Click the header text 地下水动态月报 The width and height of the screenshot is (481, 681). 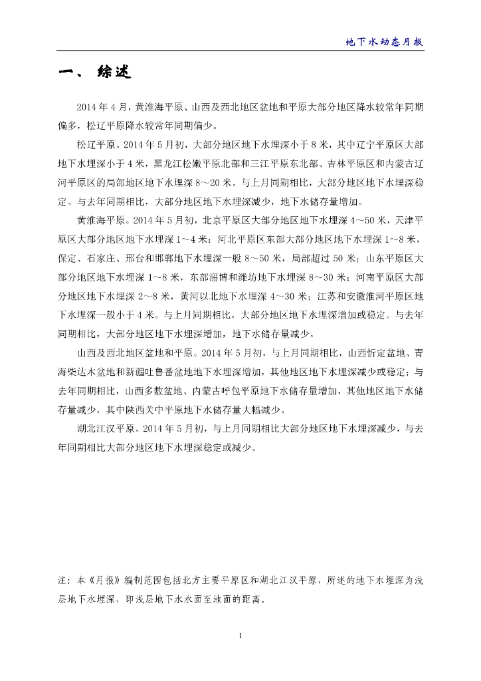click(x=385, y=41)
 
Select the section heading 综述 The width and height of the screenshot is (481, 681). click(x=114, y=72)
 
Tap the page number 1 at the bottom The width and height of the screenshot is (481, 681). click(x=240, y=636)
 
